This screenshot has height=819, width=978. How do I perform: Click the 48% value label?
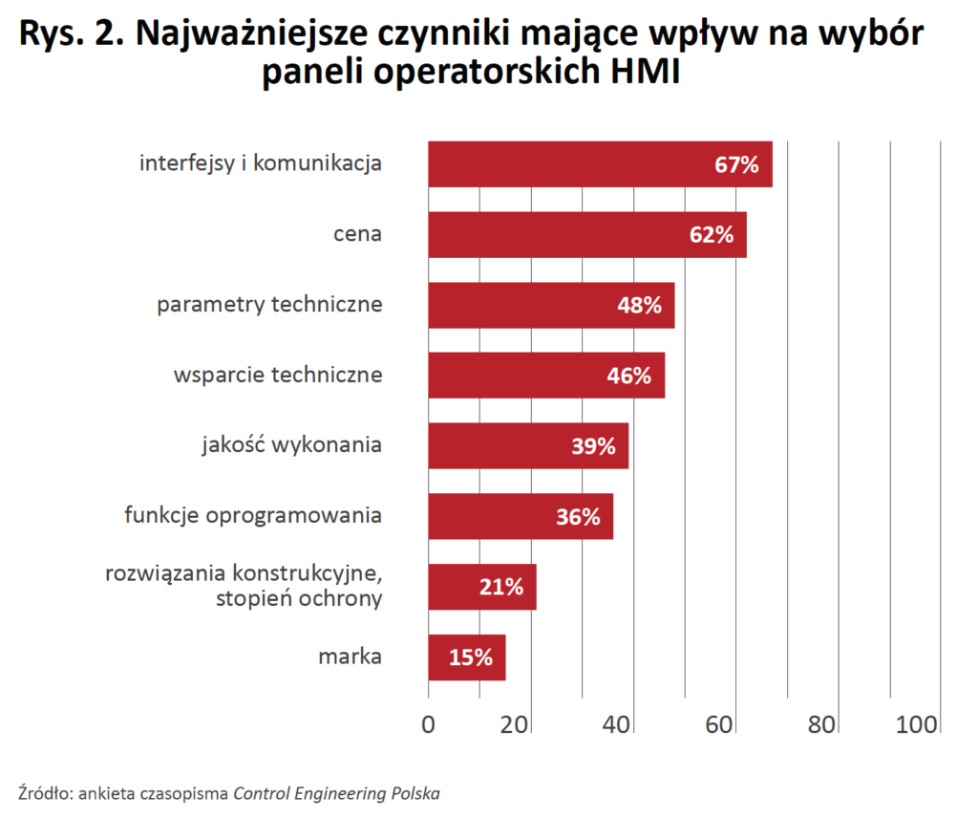639,305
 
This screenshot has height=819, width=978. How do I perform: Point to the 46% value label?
628,376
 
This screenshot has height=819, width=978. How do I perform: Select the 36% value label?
578,517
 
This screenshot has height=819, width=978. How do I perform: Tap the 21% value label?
500,587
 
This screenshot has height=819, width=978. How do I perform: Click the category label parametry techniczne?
269,305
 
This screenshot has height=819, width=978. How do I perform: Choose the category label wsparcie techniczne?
278,375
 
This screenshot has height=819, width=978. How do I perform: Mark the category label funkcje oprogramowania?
253,516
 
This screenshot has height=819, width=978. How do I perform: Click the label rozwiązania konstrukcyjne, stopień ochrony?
243,587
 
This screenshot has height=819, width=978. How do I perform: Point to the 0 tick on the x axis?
428,725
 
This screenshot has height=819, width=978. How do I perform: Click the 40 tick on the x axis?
617,725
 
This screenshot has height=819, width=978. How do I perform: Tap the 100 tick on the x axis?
917,725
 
